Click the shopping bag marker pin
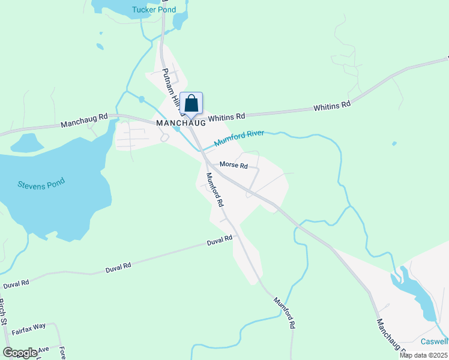[191, 103]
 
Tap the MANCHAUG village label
[181, 122]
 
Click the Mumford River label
[239, 139]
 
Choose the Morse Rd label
[234, 164]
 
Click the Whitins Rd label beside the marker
[228, 116]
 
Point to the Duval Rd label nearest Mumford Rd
[219, 241]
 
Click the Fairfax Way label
[28, 326]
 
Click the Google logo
[20, 352]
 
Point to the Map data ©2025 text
[423, 355]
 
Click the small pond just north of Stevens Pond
[27, 143]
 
